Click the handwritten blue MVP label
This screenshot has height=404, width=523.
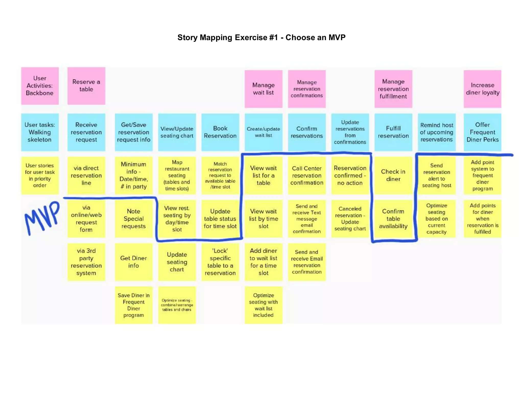click(x=42, y=217)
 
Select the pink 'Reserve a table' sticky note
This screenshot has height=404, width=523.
click(x=86, y=86)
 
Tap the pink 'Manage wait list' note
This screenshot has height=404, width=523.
click(x=263, y=89)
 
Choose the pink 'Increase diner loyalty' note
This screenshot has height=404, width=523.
click(x=482, y=89)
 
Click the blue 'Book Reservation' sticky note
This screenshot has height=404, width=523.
click(x=220, y=132)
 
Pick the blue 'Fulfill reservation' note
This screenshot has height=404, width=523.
click(x=393, y=132)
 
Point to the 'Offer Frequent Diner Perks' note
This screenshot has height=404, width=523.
click(x=482, y=132)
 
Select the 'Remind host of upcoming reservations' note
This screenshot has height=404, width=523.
click(x=437, y=132)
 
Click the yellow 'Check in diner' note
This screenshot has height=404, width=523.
click(x=393, y=175)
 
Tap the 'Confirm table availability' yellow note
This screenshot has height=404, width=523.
click(x=393, y=219)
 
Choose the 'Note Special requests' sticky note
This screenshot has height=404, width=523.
click(x=134, y=219)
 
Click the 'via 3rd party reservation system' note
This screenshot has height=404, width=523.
click(x=86, y=262)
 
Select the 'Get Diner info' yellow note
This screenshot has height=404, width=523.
click(x=134, y=262)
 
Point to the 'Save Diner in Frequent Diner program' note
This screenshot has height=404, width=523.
click(x=134, y=305)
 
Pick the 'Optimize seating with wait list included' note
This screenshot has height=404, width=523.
click(x=263, y=305)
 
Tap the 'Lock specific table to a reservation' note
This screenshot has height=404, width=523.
click(x=220, y=262)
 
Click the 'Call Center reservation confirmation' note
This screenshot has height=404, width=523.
click(x=307, y=175)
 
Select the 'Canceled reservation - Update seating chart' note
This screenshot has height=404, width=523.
click(x=350, y=219)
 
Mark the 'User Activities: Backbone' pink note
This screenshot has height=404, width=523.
click(x=40, y=86)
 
